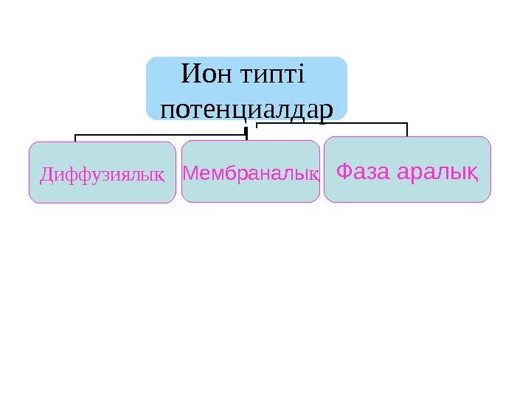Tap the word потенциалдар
246,108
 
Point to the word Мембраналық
251,174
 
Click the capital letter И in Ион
190,74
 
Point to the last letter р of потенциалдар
327,110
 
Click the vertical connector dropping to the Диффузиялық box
75,138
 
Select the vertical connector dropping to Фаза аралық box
407,130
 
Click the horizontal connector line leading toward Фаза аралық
332,123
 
